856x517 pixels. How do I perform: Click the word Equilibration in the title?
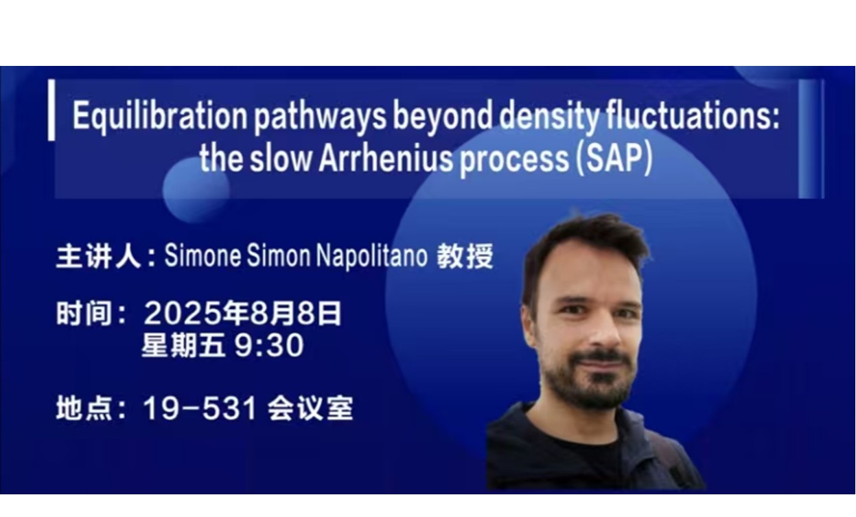pos(160,116)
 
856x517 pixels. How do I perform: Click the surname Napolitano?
pos(372,255)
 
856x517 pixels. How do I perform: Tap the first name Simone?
pos(203,255)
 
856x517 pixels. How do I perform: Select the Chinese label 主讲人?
pos(99,256)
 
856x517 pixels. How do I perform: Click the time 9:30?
pos(269,345)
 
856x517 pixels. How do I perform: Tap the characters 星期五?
pos(183,345)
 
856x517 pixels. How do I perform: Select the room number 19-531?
pos(200,408)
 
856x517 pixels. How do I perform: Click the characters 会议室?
pos(310,408)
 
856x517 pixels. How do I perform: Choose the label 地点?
pos(84,408)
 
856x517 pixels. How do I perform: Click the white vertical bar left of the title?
pos(51,110)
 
